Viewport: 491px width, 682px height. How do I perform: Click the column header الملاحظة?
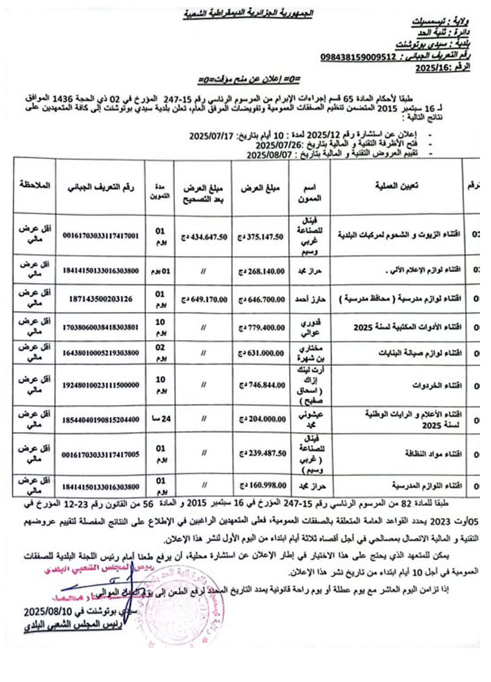click(x=34, y=184)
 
